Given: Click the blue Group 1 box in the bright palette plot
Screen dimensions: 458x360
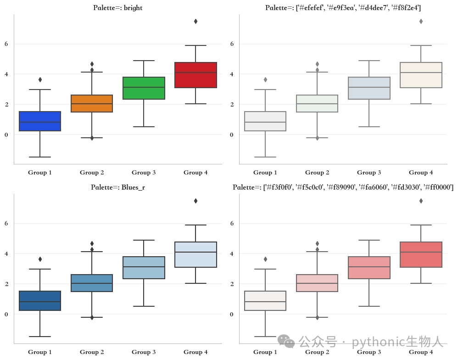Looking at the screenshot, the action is [40, 121].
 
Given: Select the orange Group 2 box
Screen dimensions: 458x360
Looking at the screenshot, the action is [92, 103].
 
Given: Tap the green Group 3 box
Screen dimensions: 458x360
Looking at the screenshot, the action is [144, 88].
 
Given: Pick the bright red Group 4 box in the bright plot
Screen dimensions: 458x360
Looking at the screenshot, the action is [195, 75].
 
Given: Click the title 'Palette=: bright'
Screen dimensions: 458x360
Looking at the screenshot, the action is [118, 8].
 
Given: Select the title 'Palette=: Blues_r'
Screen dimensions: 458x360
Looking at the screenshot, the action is [118, 187].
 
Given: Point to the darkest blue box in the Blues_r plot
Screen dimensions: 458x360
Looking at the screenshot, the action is [40, 301].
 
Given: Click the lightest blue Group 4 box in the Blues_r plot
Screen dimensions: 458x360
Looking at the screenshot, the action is [195, 254].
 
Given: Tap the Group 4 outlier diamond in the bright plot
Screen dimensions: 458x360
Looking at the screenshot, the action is [195, 21].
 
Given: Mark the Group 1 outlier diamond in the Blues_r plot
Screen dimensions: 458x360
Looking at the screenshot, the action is [40, 259].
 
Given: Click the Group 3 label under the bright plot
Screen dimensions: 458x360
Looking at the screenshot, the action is [144, 172].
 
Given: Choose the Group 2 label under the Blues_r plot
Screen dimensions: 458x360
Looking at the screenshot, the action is [92, 352].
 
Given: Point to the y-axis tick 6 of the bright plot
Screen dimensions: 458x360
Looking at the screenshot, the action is [6, 44].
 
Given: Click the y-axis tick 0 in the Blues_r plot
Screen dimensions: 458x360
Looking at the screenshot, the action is [6, 314].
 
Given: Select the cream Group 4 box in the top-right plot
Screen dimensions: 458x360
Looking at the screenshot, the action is [421, 75].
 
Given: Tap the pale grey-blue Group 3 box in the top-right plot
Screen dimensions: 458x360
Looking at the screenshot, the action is [369, 88].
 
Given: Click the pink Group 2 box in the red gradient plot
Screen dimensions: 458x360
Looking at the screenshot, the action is [317, 283].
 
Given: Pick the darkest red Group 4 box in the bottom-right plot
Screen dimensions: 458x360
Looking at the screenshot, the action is [421, 254].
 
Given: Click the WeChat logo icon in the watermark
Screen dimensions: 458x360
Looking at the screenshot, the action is [286, 341].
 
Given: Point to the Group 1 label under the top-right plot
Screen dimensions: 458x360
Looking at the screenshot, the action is [265, 172].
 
